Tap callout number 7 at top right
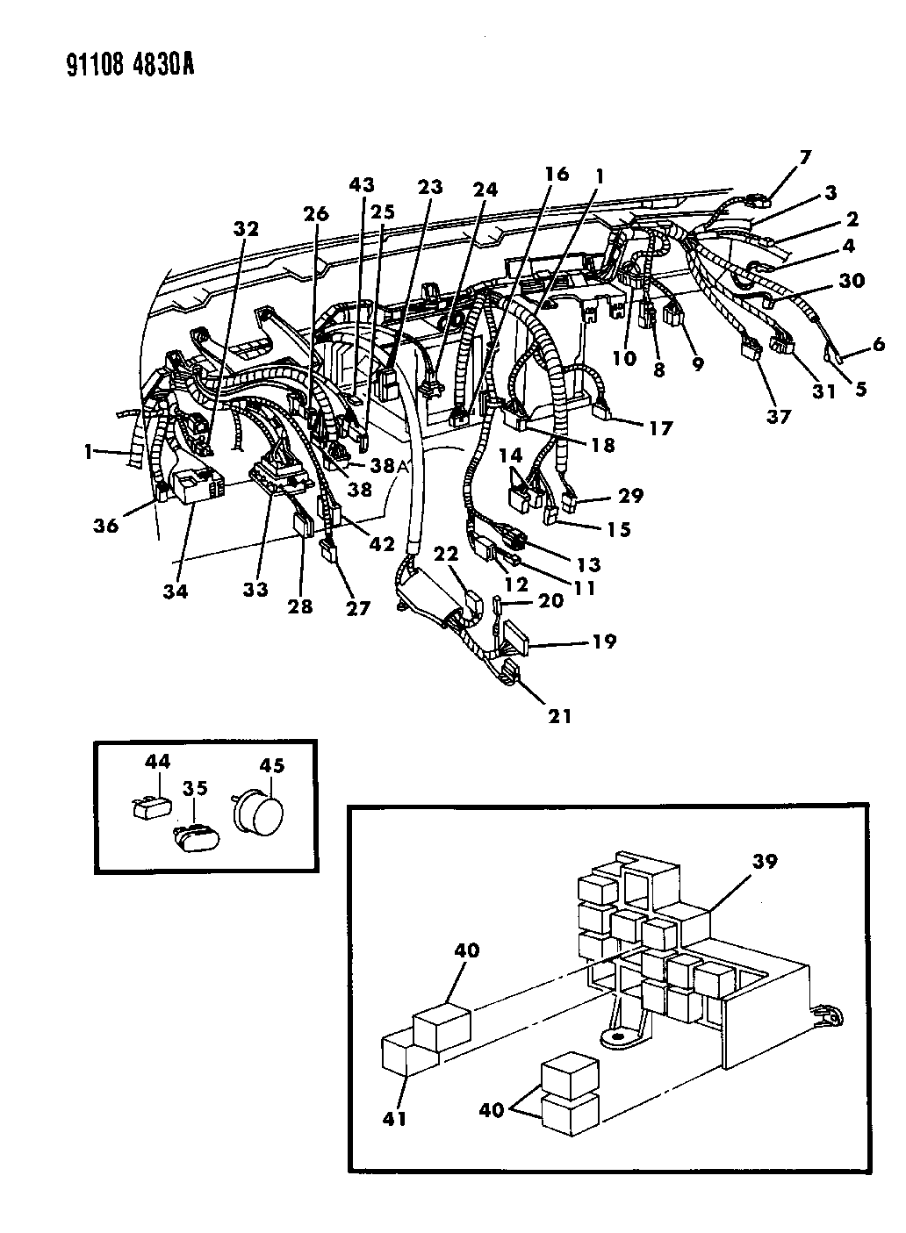tap(805, 158)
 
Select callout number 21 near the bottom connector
tap(559, 716)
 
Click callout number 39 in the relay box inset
tap(764, 862)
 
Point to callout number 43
tap(362, 185)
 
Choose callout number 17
tap(660, 428)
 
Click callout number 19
tap(603, 642)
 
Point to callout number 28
tap(300, 606)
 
